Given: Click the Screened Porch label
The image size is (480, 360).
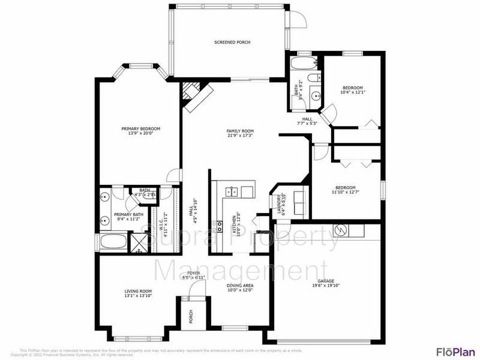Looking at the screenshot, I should (232, 42).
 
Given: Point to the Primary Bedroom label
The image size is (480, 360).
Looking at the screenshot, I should (140, 128).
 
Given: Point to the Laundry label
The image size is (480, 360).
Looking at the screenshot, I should (278, 205).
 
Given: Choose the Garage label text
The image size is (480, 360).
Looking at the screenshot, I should (326, 281).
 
